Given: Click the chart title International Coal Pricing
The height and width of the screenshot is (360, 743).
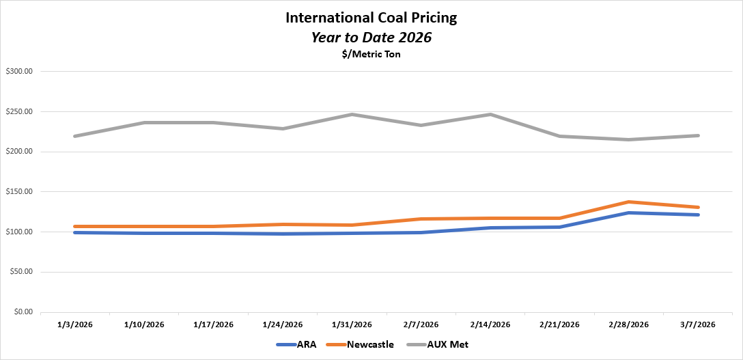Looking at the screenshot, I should coord(371,18).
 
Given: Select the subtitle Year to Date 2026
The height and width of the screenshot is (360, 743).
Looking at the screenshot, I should coord(371,38).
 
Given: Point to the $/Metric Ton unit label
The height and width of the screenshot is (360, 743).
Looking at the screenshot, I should coord(371,55).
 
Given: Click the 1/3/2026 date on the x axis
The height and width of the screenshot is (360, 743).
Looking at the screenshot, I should coord(75,324).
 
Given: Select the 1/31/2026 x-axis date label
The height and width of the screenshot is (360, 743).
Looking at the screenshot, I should coord(352,324).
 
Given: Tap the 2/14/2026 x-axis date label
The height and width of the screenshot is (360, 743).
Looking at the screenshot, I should coord(490,324).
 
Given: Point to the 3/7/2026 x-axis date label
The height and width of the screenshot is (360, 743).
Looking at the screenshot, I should coord(698,324).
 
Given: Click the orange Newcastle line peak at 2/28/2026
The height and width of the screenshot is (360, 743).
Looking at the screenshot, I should coord(629,202).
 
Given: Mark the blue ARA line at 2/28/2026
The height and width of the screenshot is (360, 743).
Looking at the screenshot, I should coord(629,212).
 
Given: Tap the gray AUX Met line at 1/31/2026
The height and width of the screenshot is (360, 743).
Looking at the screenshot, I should coord(352,114).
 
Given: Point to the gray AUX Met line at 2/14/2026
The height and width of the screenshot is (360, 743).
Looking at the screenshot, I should coord(490,114).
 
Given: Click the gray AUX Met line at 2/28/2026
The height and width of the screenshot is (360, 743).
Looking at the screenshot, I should coord(629,139).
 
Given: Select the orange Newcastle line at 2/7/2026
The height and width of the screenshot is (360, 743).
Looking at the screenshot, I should coord(421,219).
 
